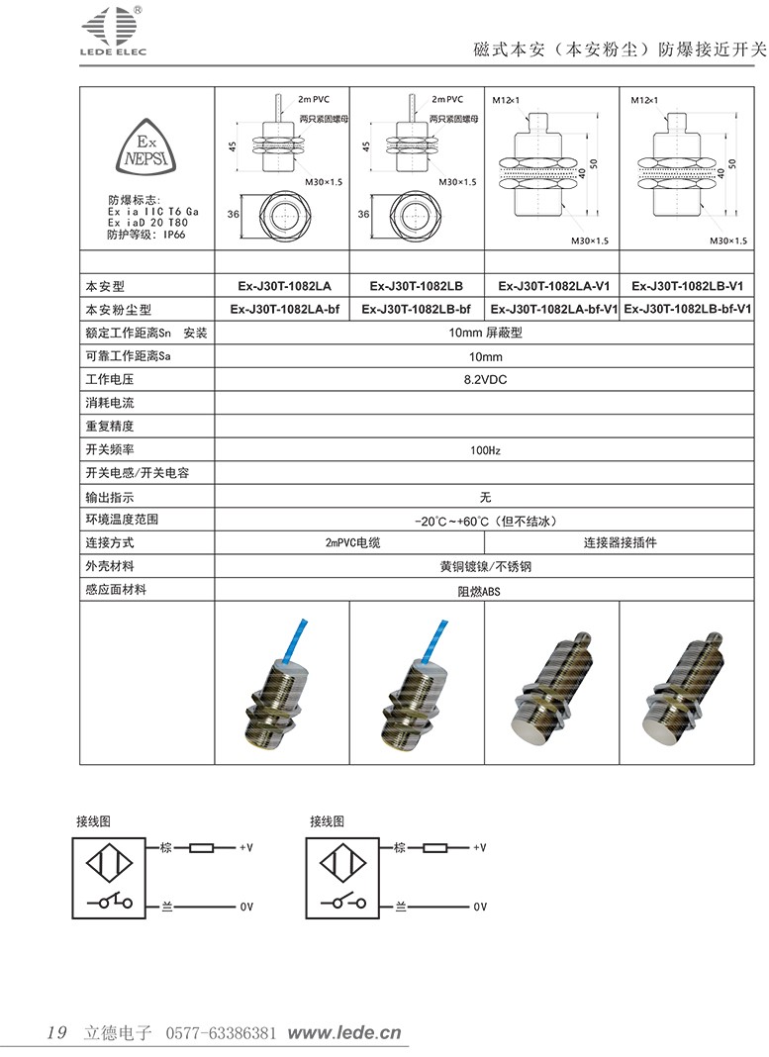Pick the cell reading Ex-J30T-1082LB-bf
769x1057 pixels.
point(416,309)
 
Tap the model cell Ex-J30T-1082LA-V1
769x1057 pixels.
point(551,286)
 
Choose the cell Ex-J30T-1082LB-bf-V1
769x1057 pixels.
point(688,309)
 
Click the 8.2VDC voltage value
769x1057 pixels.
point(485,379)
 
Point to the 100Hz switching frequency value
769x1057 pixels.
point(485,450)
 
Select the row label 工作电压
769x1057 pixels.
point(110,379)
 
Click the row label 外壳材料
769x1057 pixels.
point(110,566)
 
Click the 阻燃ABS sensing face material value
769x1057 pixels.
point(485,591)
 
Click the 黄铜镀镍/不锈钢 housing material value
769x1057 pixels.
point(485,567)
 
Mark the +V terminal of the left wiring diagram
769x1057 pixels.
point(246,848)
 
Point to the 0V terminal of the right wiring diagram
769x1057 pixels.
point(480,907)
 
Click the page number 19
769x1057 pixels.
point(56,1033)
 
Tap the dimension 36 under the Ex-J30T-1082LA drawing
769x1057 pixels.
point(235,213)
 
